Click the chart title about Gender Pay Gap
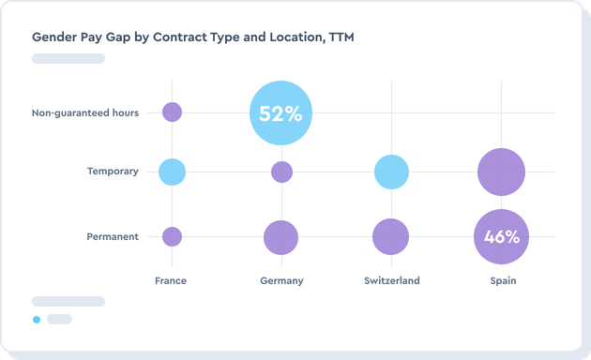(x=192, y=37)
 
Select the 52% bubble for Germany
(x=280, y=113)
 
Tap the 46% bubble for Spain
(x=501, y=236)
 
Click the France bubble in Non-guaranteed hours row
(x=172, y=112)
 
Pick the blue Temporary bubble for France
(x=172, y=172)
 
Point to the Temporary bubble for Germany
(x=281, y=172)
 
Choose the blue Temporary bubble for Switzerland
(x=391, y=172)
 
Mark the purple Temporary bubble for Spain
(x=501, y=172)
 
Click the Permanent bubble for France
(x=172, y=236)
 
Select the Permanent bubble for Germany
(x=280, y=237)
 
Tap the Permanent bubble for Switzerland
(x=390, y=236)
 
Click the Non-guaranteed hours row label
(x=85, y=113)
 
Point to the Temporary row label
(x=113, y=172)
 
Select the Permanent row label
(x=112, y=237)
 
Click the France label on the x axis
(x=171, y=280)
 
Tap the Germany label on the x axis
(x=280, y=280)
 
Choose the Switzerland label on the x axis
(x=391, y=280)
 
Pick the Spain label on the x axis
(x=501, y=280)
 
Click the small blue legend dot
(x=37, y=320)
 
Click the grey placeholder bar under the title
(x=68, y=58)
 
